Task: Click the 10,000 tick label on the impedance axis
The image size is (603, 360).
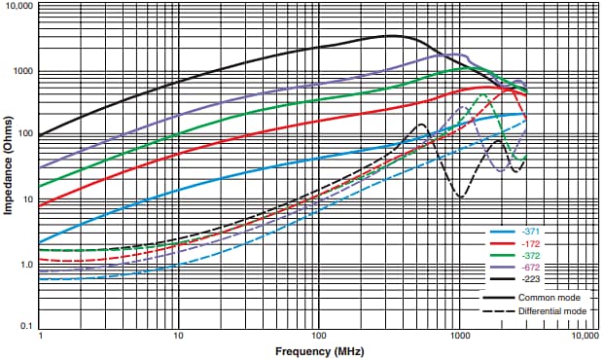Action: click(x=18, y=7)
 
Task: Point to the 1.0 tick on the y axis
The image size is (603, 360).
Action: click(x=25, y=265)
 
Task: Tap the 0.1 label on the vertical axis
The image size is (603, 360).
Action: click(x=25, y=327)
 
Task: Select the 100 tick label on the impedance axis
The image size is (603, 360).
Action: click(x=23, y=135)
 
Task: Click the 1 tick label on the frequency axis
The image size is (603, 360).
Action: click(x=40, y=336)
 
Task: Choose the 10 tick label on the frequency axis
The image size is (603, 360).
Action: click(x=178, y=336)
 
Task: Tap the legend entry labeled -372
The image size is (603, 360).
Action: click(x=531, y=256)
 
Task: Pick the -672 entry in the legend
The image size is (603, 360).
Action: click(x=531, y=267)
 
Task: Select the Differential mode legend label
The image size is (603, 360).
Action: click(x=551, y=310)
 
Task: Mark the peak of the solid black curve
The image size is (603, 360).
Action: click(x=391, y=35)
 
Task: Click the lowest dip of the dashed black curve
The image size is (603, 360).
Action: click(x=460, y=197)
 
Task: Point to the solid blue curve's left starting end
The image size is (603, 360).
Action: click(x=40, y=241)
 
